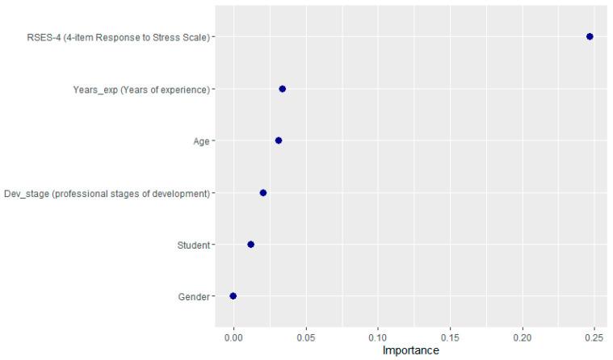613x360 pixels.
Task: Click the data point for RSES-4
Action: coord(590,36)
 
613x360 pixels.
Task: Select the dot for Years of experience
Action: coord(282,89)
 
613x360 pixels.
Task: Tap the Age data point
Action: coord(279,140)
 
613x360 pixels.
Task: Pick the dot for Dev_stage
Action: coord(263,193)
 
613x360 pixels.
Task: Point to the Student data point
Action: coord(250,245)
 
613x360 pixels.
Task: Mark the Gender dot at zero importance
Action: coord(233,296)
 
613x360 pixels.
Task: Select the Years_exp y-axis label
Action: coord(141,89)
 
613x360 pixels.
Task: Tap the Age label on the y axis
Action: coord(199,141)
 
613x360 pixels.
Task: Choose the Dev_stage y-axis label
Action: coord(107,193)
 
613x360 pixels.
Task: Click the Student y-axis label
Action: coord(193,245)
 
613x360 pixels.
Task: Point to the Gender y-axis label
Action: coord(194,296)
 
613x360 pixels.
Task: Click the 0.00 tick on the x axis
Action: coord(233,337)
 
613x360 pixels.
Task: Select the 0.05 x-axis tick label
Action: coord(305,337)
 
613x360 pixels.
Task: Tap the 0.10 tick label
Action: coord(378,337)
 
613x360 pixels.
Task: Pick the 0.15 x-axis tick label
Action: coord(450,337)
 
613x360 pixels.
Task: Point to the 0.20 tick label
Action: coord(523,337)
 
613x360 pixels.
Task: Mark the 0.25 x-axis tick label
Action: coord(594,337)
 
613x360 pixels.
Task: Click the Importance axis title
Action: coord(410,350)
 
